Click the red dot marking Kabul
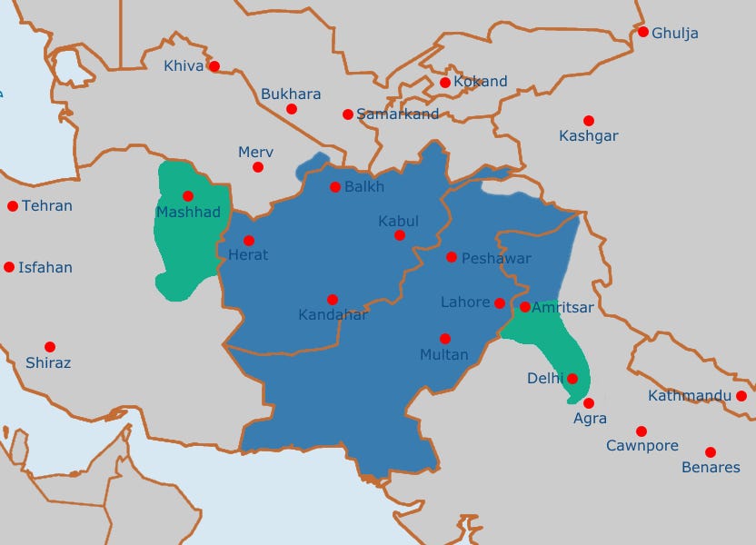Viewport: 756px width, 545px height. coord(399,235)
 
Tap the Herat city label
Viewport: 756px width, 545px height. coord(248,255)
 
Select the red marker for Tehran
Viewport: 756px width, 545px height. coord(13,206)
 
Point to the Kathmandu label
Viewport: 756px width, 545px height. coord(690,396)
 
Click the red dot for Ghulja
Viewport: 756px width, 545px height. coord(643,32)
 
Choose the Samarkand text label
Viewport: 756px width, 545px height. coord(398,114)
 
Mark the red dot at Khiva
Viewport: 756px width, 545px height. coord(214,65)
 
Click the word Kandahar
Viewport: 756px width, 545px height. coord(333,315)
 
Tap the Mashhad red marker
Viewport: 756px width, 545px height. coord(188,195)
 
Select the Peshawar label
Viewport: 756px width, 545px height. coord(496,259)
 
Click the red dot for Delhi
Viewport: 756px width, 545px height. coord(572,378)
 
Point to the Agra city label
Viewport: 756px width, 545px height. coord(590,419)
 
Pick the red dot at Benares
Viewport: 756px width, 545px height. coord(710,452)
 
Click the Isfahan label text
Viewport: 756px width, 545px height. coord(46,268)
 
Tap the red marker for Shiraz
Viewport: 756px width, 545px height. coord(50,347)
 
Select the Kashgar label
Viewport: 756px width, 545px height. coord(589,136)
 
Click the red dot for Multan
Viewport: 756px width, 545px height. coord(445,338)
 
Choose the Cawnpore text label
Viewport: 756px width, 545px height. coord(642,446)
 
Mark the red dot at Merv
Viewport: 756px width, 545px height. coord(258,167)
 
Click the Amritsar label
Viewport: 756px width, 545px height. coord(562,308)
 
